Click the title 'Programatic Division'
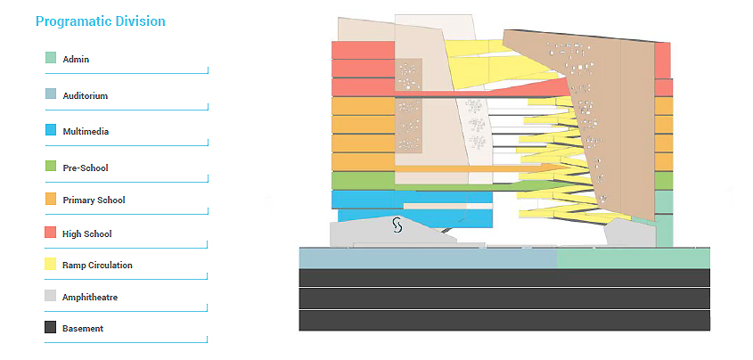pos(100,20)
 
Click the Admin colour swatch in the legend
pos(51,59)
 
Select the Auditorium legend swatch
pos(51,94)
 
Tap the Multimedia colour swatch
pos(51,131)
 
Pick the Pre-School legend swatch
pos(51,167)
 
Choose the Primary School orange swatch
pos(51,200)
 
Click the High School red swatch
pos(51,233)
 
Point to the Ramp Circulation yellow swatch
pos(51,265)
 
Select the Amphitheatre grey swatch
pos(51,297)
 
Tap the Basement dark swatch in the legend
pos(51,328)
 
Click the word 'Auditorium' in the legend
pos(85,95)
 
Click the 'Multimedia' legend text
pos(85,132)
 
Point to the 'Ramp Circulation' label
pos(97,266)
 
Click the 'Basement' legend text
pos(83,329)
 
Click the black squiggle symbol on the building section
pos(397,226)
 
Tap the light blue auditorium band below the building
pos(428,258)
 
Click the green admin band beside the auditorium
pos(633,258)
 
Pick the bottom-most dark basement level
pos(503,321)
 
